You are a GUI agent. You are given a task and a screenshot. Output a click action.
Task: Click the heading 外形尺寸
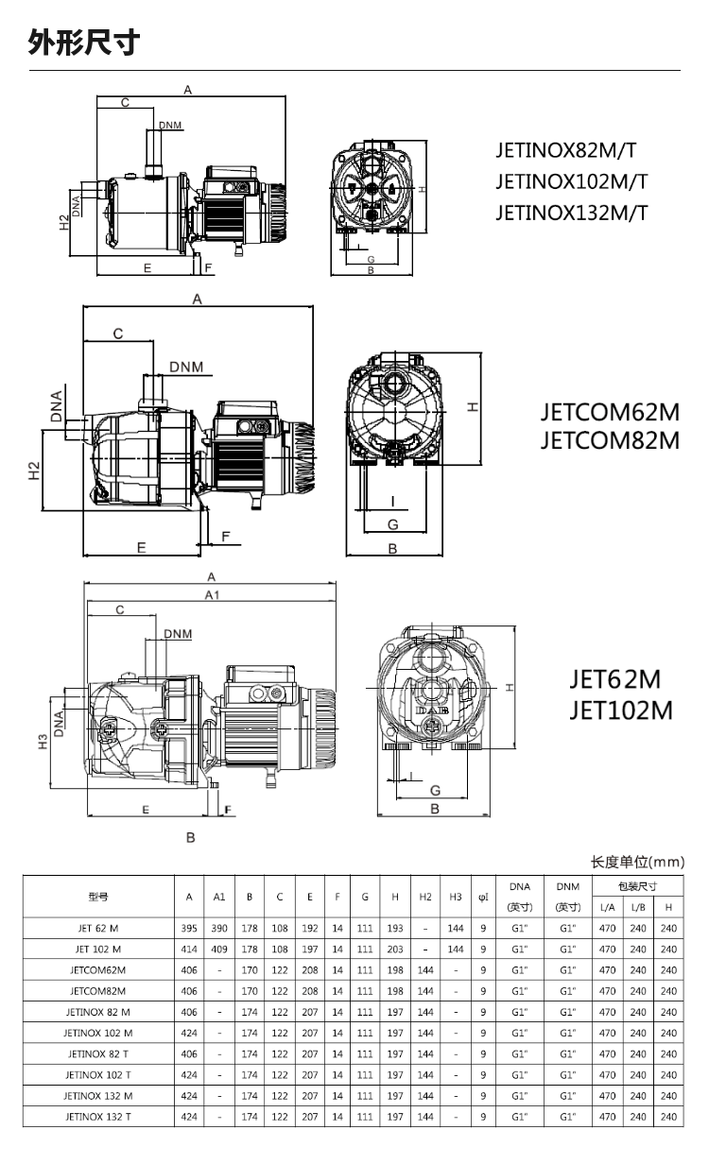coord(84,43)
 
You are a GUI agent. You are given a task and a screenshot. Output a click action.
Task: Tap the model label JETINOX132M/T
coord(571,212)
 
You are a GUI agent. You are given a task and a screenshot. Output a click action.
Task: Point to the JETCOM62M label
coord(610,413)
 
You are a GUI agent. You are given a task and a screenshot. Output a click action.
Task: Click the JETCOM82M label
coord(610,440)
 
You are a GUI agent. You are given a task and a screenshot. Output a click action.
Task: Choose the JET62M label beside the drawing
coord(614,680)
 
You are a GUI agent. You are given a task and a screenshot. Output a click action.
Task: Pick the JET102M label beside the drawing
coord(620,710)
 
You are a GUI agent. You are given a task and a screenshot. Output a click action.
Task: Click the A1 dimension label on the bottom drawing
coord(212,594)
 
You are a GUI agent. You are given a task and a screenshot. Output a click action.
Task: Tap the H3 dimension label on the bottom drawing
coord(42,744)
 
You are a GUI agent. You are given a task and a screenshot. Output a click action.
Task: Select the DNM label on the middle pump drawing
coord(189,366)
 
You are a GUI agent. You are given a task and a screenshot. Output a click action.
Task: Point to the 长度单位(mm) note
coord(637,862)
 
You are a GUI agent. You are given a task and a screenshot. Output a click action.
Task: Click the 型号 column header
coord(98,897)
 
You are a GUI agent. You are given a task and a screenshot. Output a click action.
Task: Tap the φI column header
coord(483,897)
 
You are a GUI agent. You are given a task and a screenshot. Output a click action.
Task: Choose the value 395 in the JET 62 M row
coord(190,928)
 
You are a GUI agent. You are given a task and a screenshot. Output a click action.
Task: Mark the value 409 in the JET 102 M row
coord(219,949)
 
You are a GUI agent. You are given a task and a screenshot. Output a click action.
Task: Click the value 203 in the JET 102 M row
coord(395,949)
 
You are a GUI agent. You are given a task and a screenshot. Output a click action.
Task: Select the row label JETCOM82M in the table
coord(98,991)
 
